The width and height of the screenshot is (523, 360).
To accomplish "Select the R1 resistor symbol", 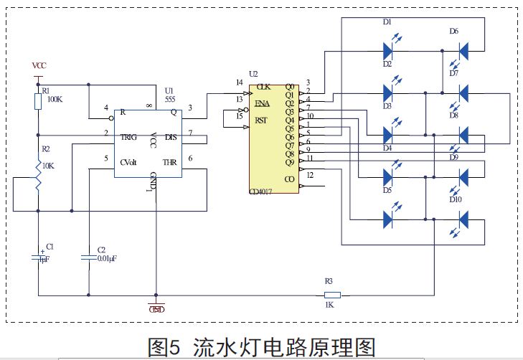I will (38, 101).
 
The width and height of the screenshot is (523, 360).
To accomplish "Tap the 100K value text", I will (55, 100).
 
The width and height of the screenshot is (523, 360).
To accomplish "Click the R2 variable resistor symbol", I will (38, 174).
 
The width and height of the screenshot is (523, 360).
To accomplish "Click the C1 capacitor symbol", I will (38, 256).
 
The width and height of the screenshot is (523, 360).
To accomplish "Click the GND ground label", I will (156, 309).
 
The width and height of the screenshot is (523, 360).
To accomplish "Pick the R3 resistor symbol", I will (332, 294).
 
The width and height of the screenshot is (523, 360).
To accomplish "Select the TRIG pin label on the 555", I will (129, 136).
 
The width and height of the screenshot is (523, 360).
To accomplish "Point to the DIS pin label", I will (171, 136).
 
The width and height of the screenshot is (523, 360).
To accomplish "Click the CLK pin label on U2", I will (263, 86).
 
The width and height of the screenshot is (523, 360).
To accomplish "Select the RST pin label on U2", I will (261, 120).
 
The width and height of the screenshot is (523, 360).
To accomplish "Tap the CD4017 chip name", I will (264, 192).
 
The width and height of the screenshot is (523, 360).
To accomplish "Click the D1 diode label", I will (387, 22).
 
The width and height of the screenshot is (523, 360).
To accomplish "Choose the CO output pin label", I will (289, 179).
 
